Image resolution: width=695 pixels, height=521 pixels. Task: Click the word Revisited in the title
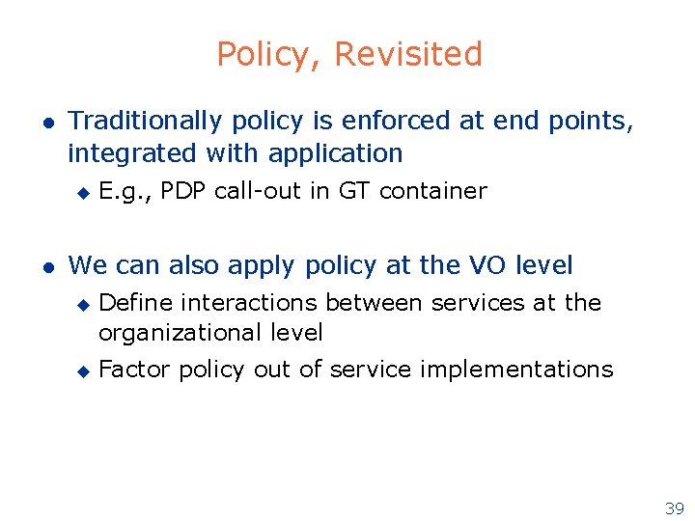(408, 55)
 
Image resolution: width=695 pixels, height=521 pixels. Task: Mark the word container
(433, 191)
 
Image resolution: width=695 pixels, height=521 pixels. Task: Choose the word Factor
(134, 370)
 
